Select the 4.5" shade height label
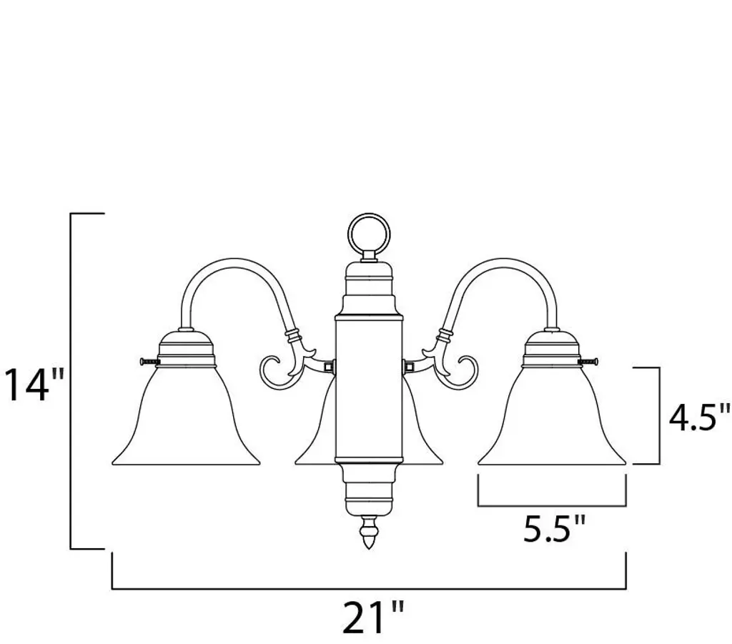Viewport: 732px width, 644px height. pyautogui.click(x=699, y=417)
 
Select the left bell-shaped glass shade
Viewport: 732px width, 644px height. pyautogui.click(x=186, y=415)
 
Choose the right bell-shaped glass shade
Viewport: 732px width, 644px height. pyautogui.click(x=552, y=415)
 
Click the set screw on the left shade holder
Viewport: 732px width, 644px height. pyautogui.click(x=149, y=361)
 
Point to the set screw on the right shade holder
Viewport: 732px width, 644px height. pyautogui.click(x=589, y=361)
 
